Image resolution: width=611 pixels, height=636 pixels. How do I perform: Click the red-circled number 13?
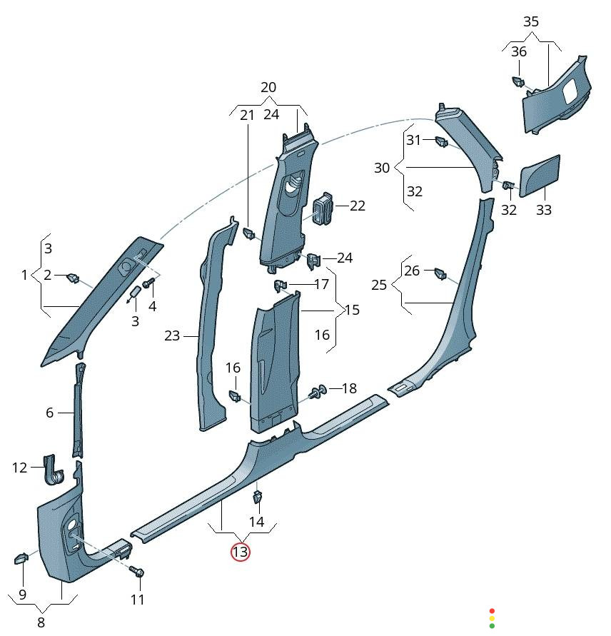tap(240, 552)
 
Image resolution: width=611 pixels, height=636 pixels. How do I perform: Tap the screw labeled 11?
tap(138, 572)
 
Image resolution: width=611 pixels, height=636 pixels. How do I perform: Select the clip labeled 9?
tap(21, 557)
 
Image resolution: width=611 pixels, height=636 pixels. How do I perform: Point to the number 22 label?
tap(357, 206)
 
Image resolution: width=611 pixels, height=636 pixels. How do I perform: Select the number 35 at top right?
tap(531, 21)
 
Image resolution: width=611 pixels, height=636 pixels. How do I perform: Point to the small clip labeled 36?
tap(517, 81)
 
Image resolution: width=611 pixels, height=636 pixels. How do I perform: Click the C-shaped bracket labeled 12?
tap(53, 468)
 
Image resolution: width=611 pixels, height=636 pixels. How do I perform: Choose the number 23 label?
tap(172, 335)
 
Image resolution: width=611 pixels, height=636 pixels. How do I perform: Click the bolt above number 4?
tap(149, 283)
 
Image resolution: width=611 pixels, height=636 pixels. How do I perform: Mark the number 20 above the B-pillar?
tap(268, 87)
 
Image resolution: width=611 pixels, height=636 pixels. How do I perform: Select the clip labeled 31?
tap(440, 142)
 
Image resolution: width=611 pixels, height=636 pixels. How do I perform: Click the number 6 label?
tap(50, 413)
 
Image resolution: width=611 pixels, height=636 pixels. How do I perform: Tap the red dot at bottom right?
tap(492, 611)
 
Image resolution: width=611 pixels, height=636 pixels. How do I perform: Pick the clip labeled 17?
tap(280, 286)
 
